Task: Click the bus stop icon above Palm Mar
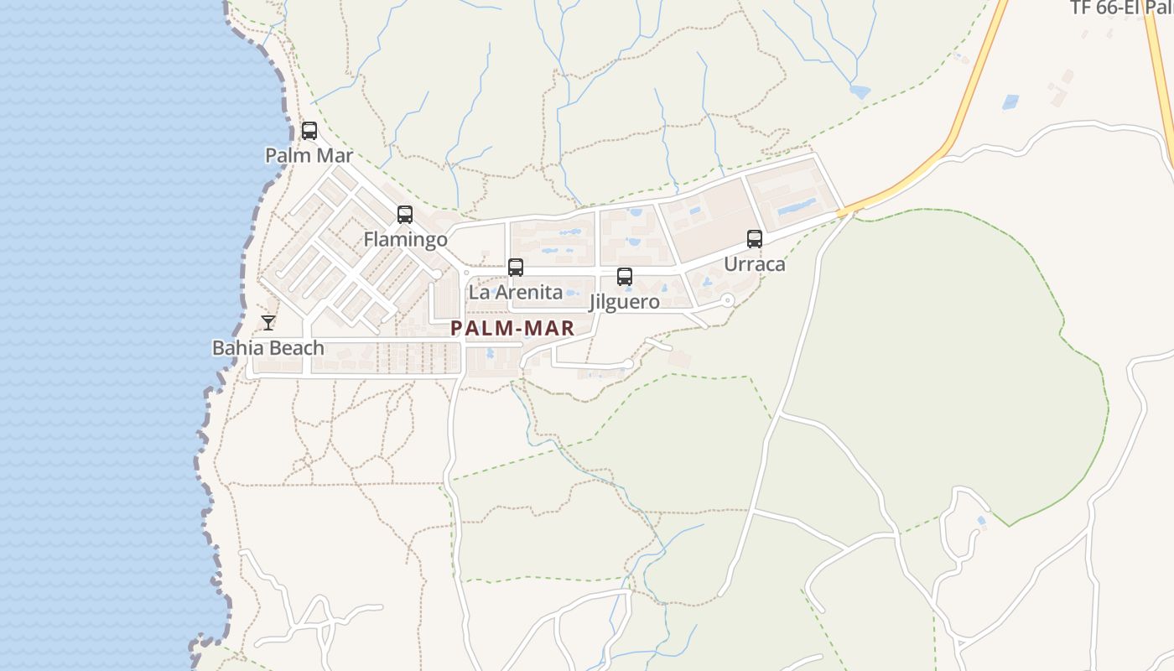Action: [x=309, y=131]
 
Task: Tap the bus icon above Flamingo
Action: [x=405, y=215]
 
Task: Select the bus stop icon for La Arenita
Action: [x=516, y=268]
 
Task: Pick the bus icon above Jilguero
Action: [x=625, y=277]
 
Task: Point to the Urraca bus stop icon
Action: [x=755, y=239]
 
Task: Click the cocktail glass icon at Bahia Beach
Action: [x=268, y=322]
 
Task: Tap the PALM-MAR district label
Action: [x=512, y=329]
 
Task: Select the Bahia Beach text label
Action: [x=268, y=347]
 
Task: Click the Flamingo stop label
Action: [x=405, y=240]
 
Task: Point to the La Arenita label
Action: [x=516, y=293]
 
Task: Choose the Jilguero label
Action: [x=625, y=302]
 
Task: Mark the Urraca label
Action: [x=755, y=264]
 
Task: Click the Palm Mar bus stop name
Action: [x=309, y=155]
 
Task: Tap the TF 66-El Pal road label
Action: [x=1121, y=8]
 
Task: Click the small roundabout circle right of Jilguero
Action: [x=727, y=299]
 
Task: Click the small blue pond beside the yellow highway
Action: [x=1010, y=101]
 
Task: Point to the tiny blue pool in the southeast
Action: [x=981, y=521]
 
